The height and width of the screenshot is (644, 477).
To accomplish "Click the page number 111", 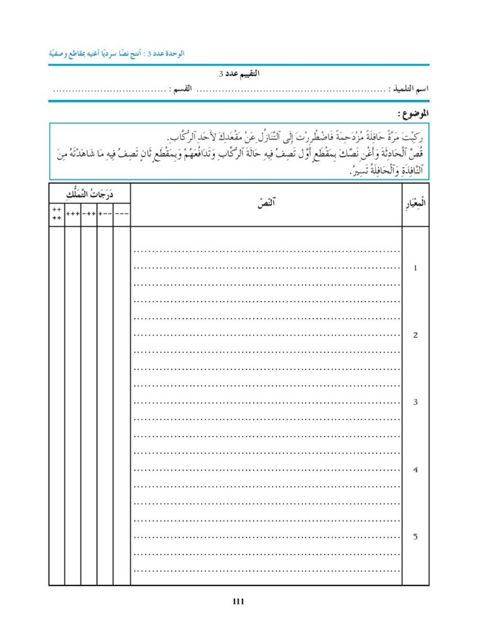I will [x=238, y=601].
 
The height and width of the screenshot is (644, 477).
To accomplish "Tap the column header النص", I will [x=266, y=204].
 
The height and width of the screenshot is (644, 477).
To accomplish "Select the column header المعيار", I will [x=415, y=204].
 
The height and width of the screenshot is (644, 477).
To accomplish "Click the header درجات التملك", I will [x=89, y=192].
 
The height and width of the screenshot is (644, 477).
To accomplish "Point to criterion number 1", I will [x=415, y=268].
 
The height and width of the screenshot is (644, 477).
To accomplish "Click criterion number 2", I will [x=415, y=335].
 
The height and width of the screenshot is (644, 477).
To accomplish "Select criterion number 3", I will [x=415, y=402].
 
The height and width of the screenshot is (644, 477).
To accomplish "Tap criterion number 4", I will [x=415, y=470].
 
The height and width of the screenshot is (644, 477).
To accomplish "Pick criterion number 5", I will [x=415, y=536].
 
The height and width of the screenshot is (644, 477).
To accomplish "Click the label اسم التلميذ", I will [x=409, y=89].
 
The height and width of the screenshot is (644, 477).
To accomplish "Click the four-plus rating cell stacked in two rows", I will [x=57, y=214].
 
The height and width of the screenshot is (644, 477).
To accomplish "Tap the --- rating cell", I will [x=122, y=214].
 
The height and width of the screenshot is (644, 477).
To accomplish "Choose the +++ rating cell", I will [x=73, y=214].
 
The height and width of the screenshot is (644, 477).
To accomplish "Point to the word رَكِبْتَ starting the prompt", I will [x=410, y=137].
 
